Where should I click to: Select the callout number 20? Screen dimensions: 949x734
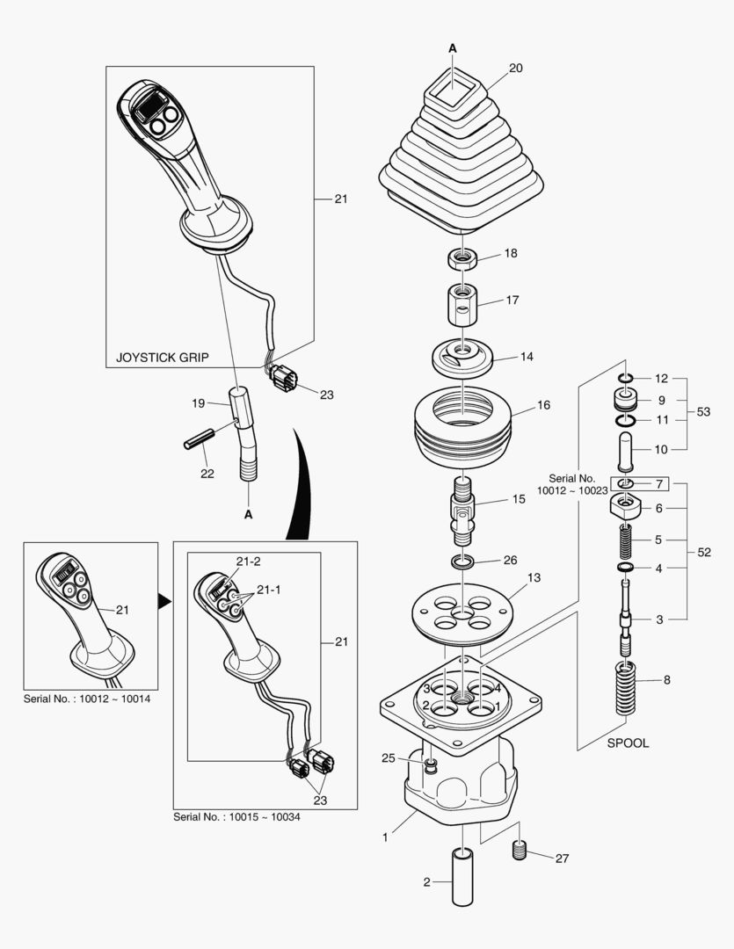coord(515,68)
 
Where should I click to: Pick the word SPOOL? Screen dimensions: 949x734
coord(628,743)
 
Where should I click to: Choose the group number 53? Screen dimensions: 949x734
coord(703,411)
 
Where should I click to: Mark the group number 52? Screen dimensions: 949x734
coord(703,552)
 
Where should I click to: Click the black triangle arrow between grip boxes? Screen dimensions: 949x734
coord(163,601)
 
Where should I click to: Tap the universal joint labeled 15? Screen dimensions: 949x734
coord(461,511)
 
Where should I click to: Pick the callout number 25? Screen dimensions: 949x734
coord(389,757)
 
